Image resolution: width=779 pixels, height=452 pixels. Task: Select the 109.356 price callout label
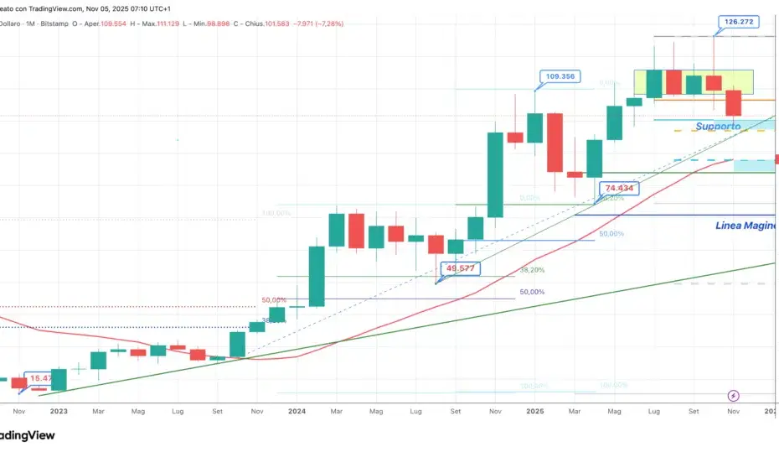[x=559, y=76]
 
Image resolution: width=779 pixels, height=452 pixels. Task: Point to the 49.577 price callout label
[x=462, y=268]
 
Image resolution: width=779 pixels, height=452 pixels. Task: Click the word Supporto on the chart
[x=718, y=127]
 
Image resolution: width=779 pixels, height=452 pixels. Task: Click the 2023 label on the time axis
[x=59, y=412]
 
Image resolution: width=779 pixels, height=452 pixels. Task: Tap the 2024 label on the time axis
[x=297, y=412]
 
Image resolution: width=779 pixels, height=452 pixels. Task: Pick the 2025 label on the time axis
[x=535, y=412]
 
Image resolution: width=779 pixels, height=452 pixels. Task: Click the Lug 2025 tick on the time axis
[x=654, y=412]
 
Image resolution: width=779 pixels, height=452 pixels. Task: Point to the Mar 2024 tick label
[x=337, y=412]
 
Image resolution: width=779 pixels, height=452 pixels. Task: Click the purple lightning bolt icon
[x=734, y=395]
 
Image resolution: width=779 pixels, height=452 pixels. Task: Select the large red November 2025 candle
[x=734, y=102]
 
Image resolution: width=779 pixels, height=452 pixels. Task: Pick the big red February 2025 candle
[x=555, y=142]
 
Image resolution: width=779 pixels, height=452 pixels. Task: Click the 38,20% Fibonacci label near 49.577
[x=532, y=270]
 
